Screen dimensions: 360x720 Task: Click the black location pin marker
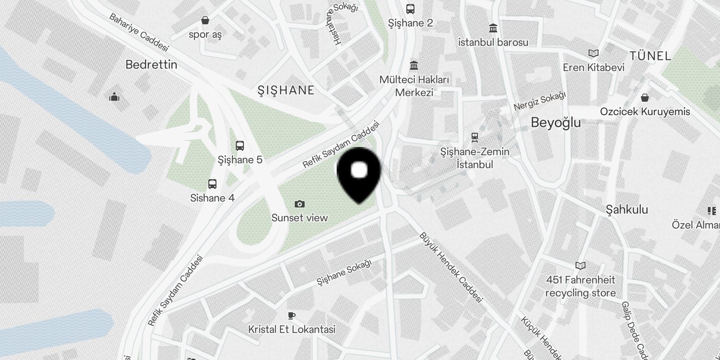(x=359, y=173)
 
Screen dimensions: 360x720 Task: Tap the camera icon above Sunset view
(x=299, y=204)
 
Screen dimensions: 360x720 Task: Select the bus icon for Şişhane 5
(x=240, y=146)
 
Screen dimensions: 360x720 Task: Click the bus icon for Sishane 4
(x=212, y=184)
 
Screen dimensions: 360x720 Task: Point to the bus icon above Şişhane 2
(x=410, y=9)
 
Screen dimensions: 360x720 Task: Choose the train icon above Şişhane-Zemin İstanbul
(x=474, y=137)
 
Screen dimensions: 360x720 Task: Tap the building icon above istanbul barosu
(x=493, y=28)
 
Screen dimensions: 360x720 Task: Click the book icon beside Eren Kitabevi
(x=594, y=54)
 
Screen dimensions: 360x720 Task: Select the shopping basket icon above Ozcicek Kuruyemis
(x=645, y=98)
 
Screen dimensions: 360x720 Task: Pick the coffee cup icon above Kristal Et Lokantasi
(x=292, y=315)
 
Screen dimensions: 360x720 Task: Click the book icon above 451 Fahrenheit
(x=580, y=266)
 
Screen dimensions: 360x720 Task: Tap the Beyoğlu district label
(x=556, y=122)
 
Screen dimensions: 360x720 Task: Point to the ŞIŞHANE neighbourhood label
(x=286, y=90)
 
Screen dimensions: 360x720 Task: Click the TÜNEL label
(x=650, y=56)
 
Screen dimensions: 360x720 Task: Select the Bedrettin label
(x=151, y=65)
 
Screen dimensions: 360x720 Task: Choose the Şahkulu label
(x=627, y=209)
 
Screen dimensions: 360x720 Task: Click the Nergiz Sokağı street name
(x=540, y=101)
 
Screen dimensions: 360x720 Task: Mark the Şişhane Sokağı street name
(x=344, y=273)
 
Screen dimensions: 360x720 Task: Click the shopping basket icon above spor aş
(x=205, y=20)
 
